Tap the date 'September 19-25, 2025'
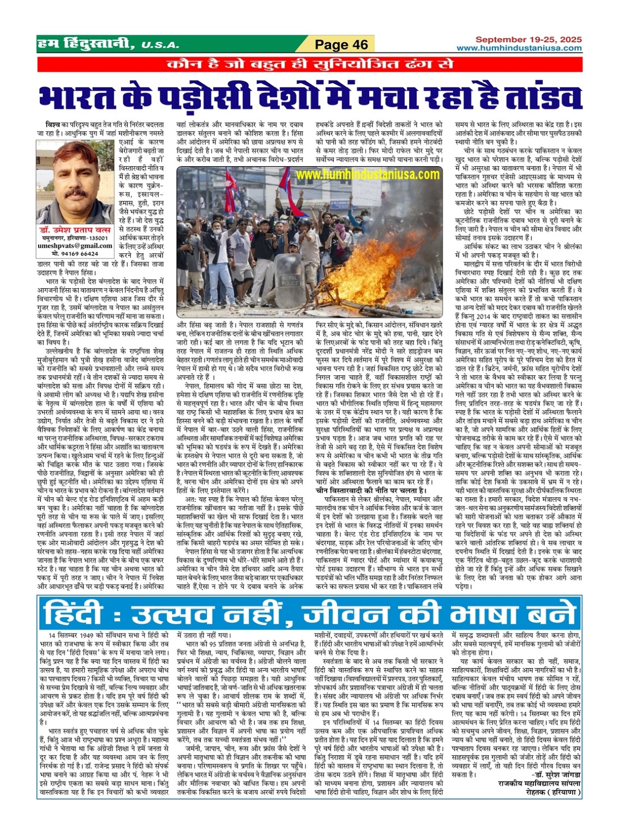click(x=528, y=40)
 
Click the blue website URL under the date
click(x=519, y=48)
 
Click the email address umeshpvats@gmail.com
click(x=75, y=246)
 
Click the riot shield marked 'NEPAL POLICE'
click(x=291, y=278)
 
